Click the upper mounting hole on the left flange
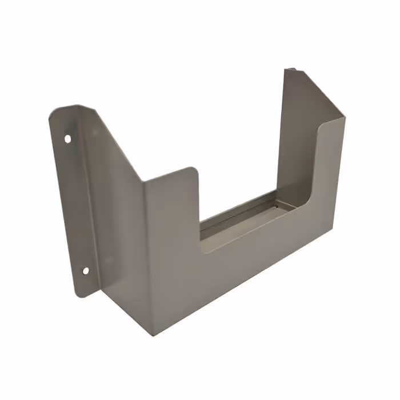(67, 138)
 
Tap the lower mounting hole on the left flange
(85, 271)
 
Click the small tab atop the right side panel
(291, 71)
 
